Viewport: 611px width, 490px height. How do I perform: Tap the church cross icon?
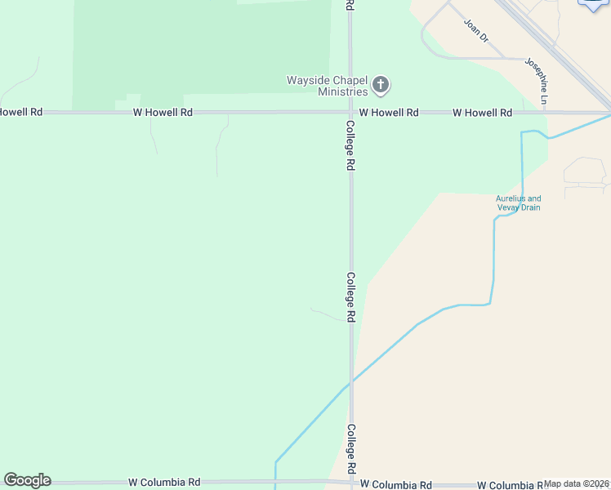pos(381,84)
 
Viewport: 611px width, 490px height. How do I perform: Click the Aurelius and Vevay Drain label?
pos(519,203)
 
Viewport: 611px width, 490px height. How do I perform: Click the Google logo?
pos(27,480)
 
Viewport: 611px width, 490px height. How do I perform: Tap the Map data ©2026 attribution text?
pos(577,483)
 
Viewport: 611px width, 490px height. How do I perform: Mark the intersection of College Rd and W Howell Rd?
pos(350,112)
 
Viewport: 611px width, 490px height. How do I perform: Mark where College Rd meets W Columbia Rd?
pos(351,483)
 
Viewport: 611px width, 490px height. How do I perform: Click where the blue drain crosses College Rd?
pos(350,382)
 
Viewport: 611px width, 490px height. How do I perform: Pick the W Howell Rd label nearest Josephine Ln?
pos(482,112)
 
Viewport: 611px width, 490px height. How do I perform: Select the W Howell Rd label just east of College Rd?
pos(389,112)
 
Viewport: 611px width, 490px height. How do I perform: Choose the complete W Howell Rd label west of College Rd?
pos(163,112)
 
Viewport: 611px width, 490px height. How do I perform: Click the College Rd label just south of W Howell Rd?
pos(350,145)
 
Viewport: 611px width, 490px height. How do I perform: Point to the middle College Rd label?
pos(350,296)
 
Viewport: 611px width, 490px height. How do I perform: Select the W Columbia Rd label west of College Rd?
pos(164,483)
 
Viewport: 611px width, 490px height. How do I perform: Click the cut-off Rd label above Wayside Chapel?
pos(350,5)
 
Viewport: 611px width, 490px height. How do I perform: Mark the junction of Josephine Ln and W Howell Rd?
pos(545,112)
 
